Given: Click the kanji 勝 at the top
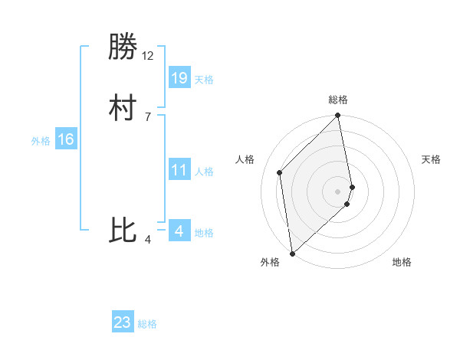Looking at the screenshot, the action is (123, 47).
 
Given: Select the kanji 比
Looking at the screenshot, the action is (123, 231).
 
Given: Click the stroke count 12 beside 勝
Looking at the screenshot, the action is (148, 56).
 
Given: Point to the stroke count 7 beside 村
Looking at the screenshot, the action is (148, 116).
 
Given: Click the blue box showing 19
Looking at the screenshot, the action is (179, 77).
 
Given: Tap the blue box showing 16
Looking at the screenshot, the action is (66, 139).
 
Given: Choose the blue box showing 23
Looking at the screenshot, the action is (123, 322).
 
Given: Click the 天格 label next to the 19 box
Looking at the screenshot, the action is (204, 80).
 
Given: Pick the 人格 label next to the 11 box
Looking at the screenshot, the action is (204, 172).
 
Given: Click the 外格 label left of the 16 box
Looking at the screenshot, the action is (41, 141).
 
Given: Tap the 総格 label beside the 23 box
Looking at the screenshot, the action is (147, 324).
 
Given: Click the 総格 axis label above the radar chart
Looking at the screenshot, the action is (338, 100).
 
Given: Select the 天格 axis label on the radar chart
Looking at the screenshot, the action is (431, 159).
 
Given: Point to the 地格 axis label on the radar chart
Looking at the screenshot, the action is (402, 262).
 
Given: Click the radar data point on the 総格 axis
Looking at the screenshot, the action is (338, 116).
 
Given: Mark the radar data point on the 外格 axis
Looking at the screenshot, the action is (291, 253).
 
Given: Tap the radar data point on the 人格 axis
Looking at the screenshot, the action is (280, 172).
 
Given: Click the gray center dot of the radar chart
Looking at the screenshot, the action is (338, 191).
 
